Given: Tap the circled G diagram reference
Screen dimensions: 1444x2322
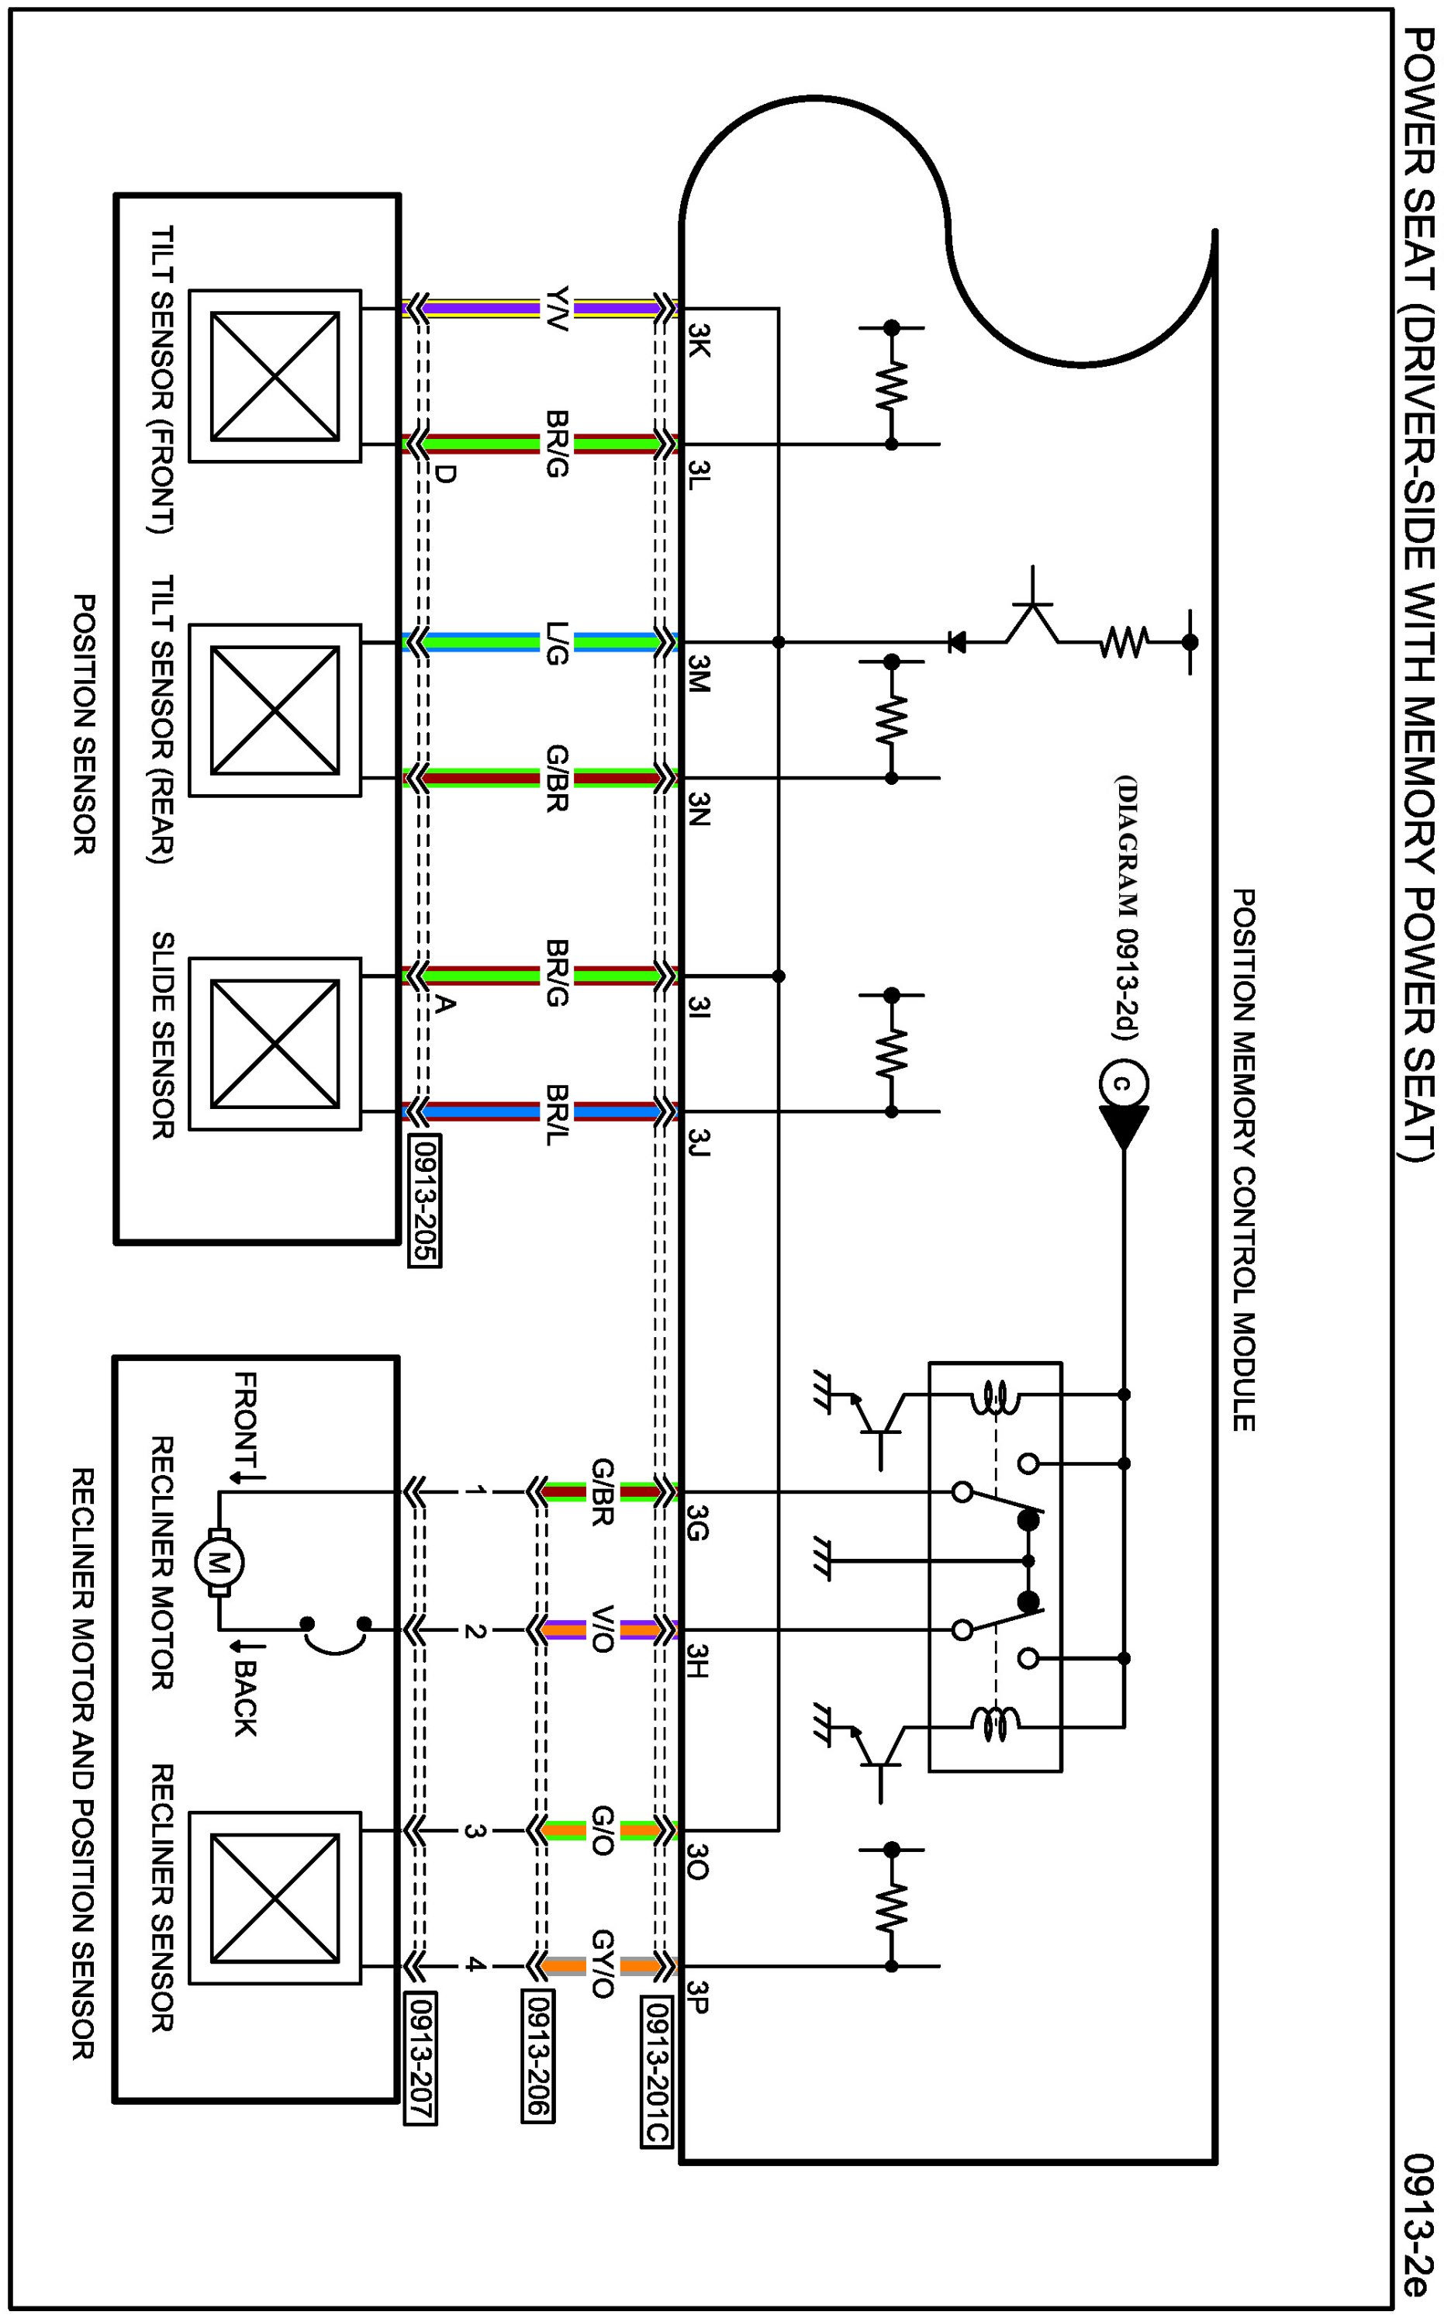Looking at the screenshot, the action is click(1123, 1083).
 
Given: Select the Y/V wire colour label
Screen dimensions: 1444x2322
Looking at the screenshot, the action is click(557, 309).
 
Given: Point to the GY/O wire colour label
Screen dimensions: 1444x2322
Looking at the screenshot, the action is click(602, 1966).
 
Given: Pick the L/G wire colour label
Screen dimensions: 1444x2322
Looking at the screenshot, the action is click(557, 643).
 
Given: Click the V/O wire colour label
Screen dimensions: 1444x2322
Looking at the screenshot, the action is click(602, 1629).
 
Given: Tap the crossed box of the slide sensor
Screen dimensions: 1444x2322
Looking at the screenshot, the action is click(275, 1044).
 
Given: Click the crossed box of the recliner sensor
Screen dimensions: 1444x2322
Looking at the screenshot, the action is click(275, 1898).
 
